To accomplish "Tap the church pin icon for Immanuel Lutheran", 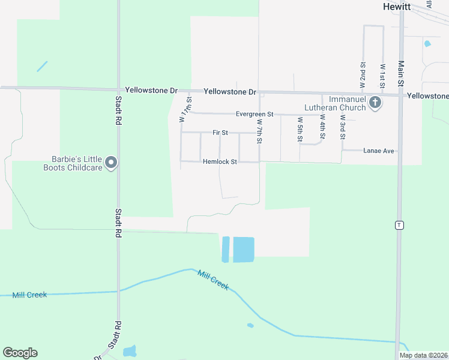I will point(375,103).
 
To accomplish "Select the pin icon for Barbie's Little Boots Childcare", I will point(111,163).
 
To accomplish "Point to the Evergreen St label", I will point(255,114).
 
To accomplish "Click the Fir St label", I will point(220,133).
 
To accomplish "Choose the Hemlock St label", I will point(220,162).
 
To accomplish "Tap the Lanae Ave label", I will point(379,151).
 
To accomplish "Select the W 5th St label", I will point(300,129).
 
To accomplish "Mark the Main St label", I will point(400,74).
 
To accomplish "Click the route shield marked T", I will point(399,225).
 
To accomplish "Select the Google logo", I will point(20,353).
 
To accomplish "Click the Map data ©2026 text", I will point(423,355).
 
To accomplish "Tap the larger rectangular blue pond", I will point(243,249).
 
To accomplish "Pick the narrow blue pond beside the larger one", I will point(226,249).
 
